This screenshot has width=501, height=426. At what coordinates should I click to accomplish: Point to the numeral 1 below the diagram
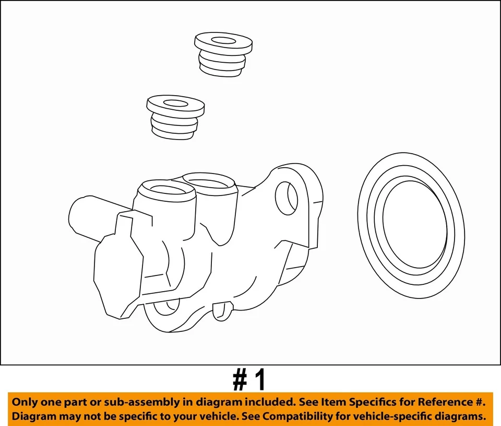[259, 380]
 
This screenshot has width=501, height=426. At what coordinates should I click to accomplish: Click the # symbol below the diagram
[240, 380]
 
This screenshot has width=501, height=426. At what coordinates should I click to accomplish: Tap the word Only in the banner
[26, 402]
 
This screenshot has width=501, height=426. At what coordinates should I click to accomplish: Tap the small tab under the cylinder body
[221, 310]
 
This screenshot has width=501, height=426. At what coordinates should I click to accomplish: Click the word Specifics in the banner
[365, 402]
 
